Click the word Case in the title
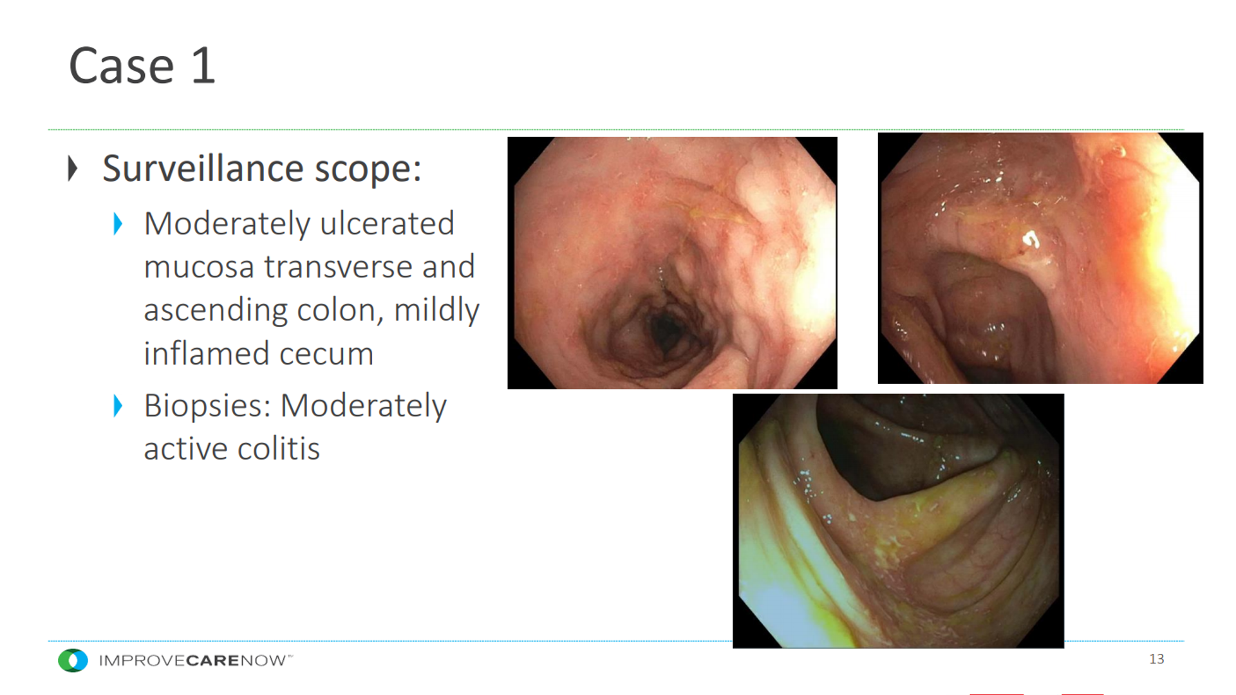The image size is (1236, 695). (x=122, y=66)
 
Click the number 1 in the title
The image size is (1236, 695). (x=203, y=65)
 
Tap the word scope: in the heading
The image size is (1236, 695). (x=368, y=169)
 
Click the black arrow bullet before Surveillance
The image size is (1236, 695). (x=73, y=169)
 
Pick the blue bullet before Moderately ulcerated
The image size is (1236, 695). (x=118, y=224)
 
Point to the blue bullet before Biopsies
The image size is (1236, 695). (x=118, y=405)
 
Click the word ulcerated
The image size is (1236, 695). (x=387, y=223)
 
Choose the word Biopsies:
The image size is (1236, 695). (x=207, y=407)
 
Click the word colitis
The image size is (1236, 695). (x=278, y=449)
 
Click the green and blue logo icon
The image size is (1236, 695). (x=73, y=660)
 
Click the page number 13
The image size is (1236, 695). (x=1156, y=659)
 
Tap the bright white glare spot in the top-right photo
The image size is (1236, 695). (x=1031, y=241)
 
